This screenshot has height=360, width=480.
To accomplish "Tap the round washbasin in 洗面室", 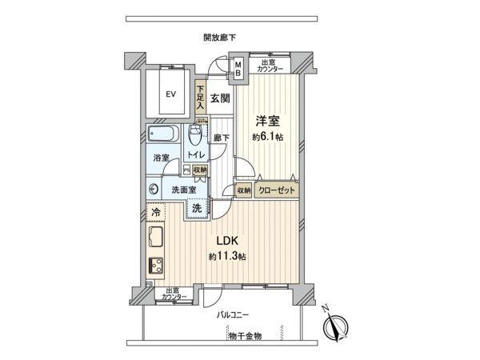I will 154,190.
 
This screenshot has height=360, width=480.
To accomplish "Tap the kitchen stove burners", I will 155,264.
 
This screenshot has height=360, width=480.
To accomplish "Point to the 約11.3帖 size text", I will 227,257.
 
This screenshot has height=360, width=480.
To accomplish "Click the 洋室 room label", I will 266,121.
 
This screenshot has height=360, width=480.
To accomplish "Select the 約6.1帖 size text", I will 266,137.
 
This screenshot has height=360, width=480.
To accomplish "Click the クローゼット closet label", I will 276,190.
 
